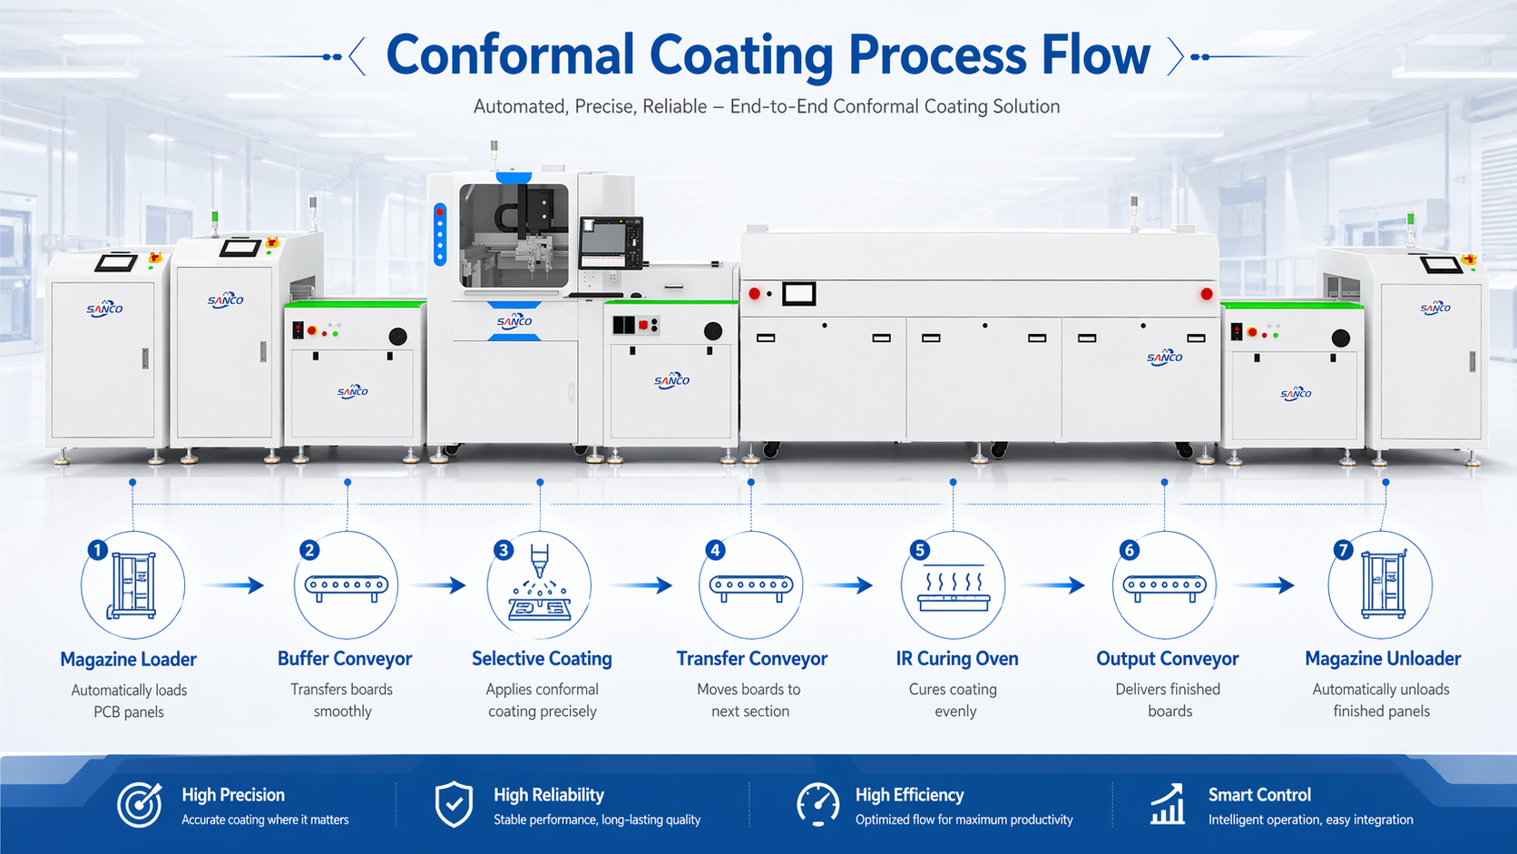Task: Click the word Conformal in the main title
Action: click(509, 54)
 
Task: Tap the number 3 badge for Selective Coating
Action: click(504, 550)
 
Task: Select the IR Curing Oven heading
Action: click(956, 659)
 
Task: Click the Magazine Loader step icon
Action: click(132, 585)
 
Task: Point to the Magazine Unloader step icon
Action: click(1381, 585)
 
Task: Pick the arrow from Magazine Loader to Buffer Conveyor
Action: click(232, 585)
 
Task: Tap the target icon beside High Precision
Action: click(140, 805)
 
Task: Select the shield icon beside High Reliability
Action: click(454, 805)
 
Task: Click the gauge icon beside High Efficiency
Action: click(817, 805)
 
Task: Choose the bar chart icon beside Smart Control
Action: click(1168, 805)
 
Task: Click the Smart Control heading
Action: click(1259, 795)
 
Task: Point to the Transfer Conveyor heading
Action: click(751, 659)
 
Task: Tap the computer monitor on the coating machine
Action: click(611, 243)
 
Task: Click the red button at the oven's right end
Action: click(1206, 294)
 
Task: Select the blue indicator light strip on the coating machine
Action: click(440, 234)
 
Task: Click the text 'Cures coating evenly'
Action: click(954, 700)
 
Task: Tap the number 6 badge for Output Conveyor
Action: click(1130, 550)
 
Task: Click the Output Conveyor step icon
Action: click(1165, 585)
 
